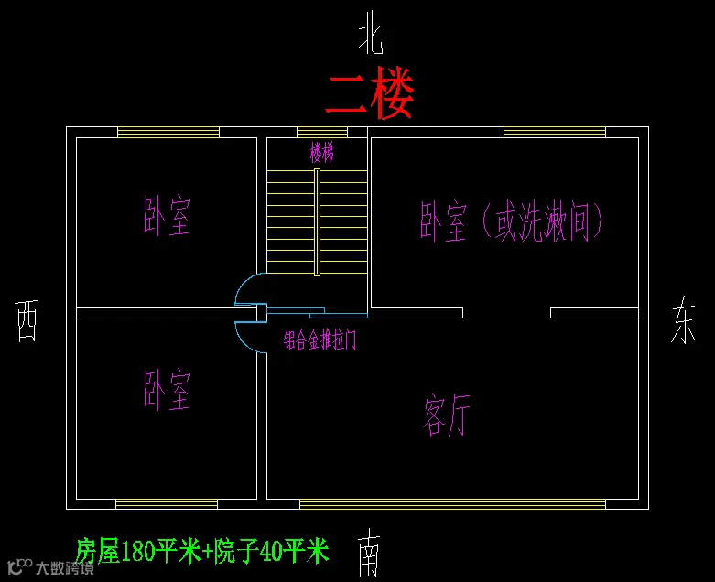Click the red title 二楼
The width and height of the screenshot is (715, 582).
click(x=370, y=93)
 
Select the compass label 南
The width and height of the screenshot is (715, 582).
click(x=368, y=553)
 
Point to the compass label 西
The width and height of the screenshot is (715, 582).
click(x=27, y=320)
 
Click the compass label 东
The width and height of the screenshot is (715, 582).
click(x=684, y=319)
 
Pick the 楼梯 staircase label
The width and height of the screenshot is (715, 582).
click(x=322, y=152)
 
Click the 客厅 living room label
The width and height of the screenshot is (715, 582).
click(x=446, y=415)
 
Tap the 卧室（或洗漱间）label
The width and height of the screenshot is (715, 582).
click(x=511, y=221)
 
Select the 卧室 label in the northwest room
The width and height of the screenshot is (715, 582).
click(x=167, y=216)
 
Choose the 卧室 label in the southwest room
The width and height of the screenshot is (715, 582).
click(x=167, y=390)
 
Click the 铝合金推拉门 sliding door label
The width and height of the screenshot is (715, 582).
click(x=320, y=339)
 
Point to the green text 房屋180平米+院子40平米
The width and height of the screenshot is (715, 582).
click(x=202, y=551)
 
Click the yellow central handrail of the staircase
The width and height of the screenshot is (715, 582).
click(x=317, y=222)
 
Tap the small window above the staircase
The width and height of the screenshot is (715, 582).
click(x=322, y=132)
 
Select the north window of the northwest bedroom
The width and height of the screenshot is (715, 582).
click(x=168, y=132)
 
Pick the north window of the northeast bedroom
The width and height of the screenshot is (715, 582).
click(x=555, y=132)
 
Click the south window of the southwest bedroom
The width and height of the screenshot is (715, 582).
click(x=167, y=504)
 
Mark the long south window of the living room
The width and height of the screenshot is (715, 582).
click(x=452, y=504)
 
